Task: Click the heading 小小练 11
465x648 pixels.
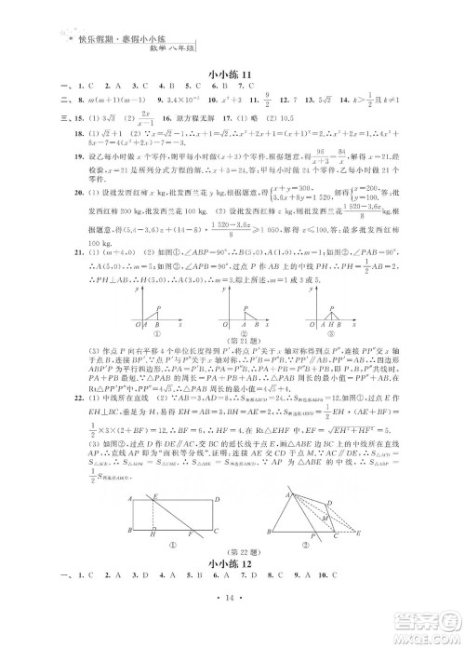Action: pyautogui.click(x=232, y=75)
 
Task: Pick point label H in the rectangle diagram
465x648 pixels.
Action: pyautogui.click(x=179, y=534)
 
